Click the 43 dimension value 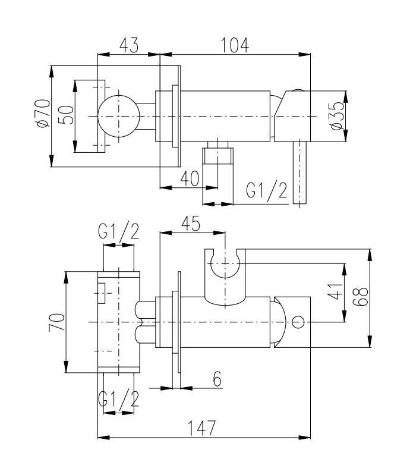[x=129, y=45]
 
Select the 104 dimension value [x=235, y=45]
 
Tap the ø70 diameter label [x=43, y=114]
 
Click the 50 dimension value [x=66, y=115]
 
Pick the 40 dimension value [x=190, y=178]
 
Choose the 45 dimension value [x=191, y=224]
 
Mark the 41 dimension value [x=335, y=291]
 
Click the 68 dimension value [x=360, y=297]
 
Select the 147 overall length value [x=202, y=428]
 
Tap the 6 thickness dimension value [x=217, y=379]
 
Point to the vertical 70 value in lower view [x=57, y=322]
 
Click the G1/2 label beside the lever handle [x=267, y=190]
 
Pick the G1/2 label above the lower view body [x=118, y=231]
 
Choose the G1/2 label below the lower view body [x=118, y=398]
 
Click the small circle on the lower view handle [x=298, y=322]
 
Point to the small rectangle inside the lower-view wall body [x=102, y=293]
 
